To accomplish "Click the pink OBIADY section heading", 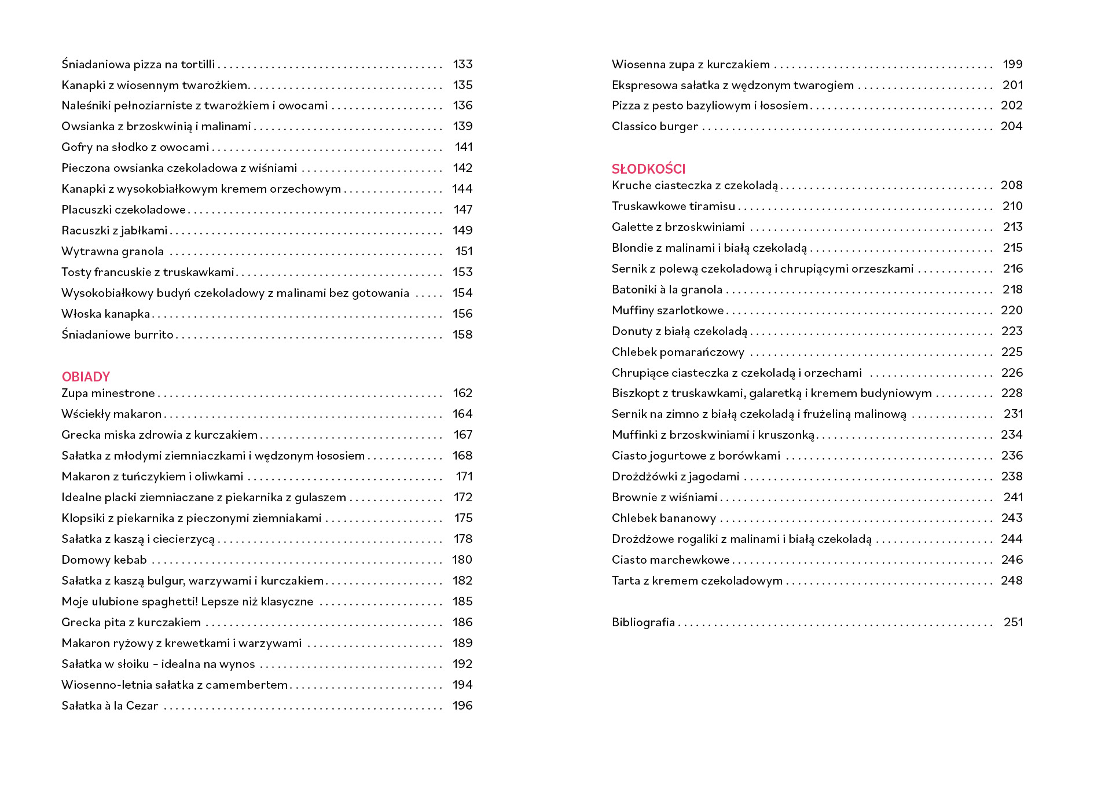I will [86, 377].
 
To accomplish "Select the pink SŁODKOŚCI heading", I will [648, 169].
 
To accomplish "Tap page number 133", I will [462, 64].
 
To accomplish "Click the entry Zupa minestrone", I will [108, 394].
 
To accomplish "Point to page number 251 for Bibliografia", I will [1013, 622].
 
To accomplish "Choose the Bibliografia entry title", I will [643, 622].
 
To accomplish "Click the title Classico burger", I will [655, 126].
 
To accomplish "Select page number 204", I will [1011, 126].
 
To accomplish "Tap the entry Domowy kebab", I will [104, 560].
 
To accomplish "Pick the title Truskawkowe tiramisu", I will [673, 206].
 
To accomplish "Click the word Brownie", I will [634, 497].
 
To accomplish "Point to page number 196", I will [462, 706].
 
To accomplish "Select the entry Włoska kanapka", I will [105, 314].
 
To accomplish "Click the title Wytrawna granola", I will [112, 251].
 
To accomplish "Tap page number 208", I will [1011, 185].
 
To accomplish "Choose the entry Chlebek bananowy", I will [663, 518].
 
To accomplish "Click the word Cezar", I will [142, 706].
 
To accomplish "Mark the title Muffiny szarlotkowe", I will [667, 310].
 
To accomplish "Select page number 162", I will [462, 394].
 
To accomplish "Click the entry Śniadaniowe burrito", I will [118, 335].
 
